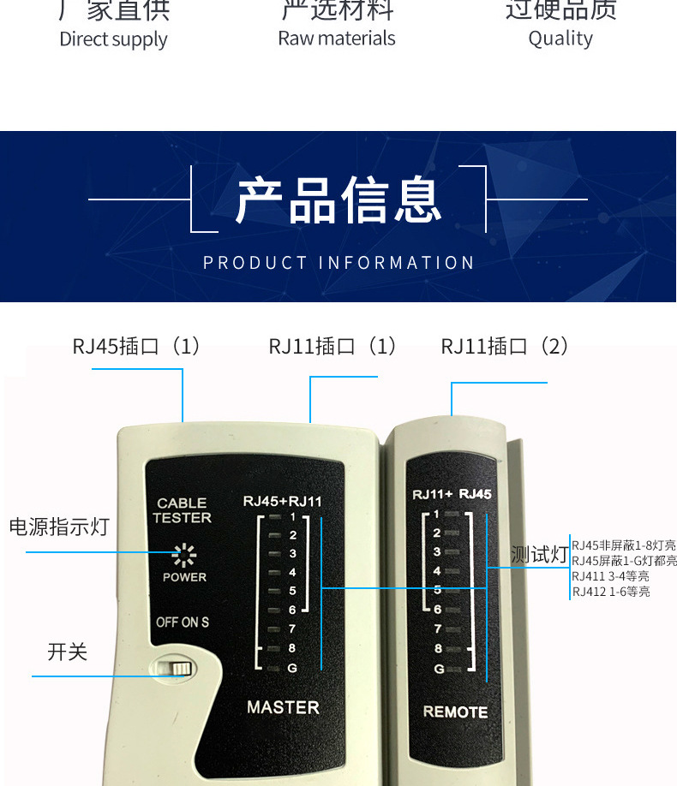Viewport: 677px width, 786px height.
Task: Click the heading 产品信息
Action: coord(338,199)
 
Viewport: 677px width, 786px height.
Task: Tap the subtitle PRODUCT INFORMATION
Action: coord(338,263)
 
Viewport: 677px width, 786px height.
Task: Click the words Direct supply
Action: coord(113,39)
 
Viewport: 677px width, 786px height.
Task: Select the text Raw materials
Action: coord(337,39)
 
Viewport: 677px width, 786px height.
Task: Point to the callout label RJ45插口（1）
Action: coord(137,346)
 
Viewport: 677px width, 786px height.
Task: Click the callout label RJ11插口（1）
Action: coord(333,346)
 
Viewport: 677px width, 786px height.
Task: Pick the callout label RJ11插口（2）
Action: coord(506,346)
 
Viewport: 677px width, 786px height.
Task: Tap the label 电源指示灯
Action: coord(59,527)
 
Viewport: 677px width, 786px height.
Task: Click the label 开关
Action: coord(68,652)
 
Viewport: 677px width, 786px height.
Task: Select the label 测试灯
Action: coord(539,555)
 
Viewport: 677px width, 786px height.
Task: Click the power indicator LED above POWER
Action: coord(184,555)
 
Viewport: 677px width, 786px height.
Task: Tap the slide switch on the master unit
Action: coord(177,668)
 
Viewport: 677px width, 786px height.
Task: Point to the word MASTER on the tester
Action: coord(283,707)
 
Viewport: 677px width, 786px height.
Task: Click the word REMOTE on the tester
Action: coord(455,712)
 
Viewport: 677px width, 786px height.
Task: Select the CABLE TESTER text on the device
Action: coord(182,510)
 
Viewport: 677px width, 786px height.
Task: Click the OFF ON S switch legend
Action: coord(182,622)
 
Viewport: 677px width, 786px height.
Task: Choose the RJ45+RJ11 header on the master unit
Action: coord(282,501)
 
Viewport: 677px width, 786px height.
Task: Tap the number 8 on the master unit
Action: coord(292,649)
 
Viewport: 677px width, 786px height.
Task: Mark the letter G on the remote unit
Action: coord(439,669)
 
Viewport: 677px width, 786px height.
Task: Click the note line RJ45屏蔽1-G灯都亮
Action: coord(624,561)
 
